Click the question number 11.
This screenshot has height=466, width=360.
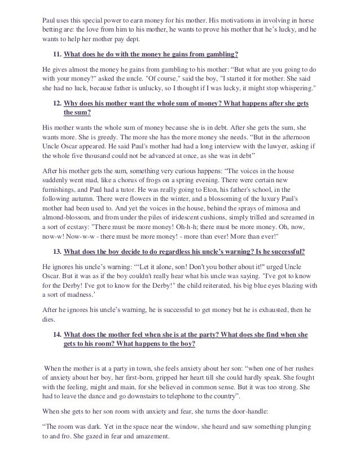pos(57,54)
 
